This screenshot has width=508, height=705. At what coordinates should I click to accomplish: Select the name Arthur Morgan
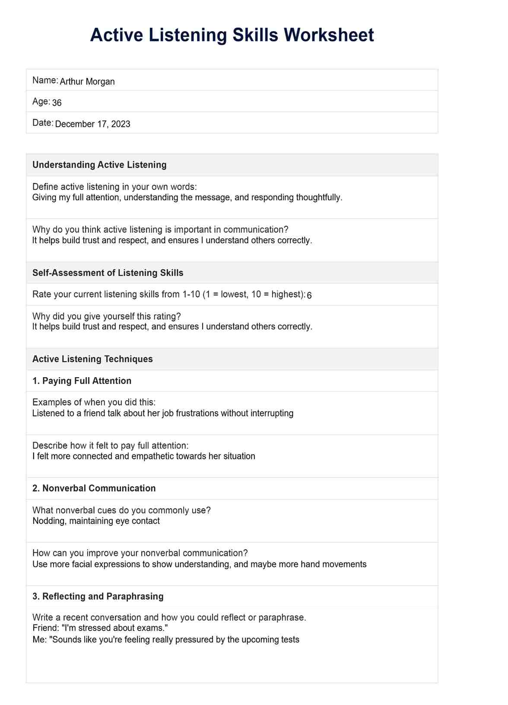[87, 82]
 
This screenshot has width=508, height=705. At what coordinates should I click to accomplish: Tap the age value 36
[57, 103]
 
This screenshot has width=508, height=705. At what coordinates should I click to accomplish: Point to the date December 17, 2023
[93, 124]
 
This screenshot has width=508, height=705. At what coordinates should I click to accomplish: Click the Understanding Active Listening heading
[99, 165]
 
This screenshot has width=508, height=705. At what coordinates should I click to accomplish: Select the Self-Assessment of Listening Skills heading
[108, 273]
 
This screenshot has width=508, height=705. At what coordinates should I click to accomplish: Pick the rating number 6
[309, 295]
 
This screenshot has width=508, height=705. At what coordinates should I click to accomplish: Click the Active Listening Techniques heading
[92, 359]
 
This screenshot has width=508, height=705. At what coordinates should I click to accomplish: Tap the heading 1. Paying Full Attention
[82, 381]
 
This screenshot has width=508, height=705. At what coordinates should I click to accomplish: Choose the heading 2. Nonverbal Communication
[94, 488]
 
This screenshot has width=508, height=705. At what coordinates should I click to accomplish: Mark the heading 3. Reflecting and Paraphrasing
[98, 596]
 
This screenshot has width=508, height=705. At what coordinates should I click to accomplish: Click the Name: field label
[45, 80]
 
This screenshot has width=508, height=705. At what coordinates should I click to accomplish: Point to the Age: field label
[41, 102]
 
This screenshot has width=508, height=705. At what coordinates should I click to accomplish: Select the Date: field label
[42, 123]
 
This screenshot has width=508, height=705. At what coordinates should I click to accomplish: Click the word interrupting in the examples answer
[270, 413]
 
